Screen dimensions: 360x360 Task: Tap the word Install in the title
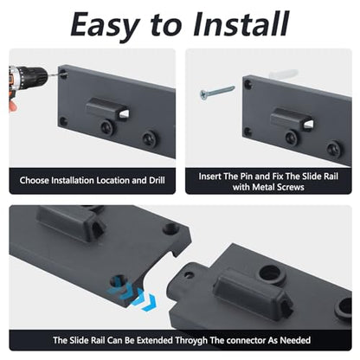(241, 23)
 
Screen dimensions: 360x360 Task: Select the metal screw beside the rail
(217, 92)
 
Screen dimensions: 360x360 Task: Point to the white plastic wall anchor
(284, 74)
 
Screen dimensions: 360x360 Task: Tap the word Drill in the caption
(157, 180)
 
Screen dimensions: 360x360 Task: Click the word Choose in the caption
(34, 180)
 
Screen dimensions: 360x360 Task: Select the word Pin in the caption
(247, 177)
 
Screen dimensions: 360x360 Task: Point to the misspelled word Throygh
(191, 340)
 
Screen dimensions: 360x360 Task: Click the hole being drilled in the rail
(63, 74)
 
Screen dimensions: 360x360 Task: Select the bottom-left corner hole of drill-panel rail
(63, 121)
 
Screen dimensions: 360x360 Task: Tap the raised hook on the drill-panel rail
(107, 109)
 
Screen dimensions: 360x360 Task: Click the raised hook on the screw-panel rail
(292, 119)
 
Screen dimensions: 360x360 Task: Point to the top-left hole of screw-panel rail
(247, 84)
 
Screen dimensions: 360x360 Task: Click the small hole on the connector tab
(189, 274)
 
